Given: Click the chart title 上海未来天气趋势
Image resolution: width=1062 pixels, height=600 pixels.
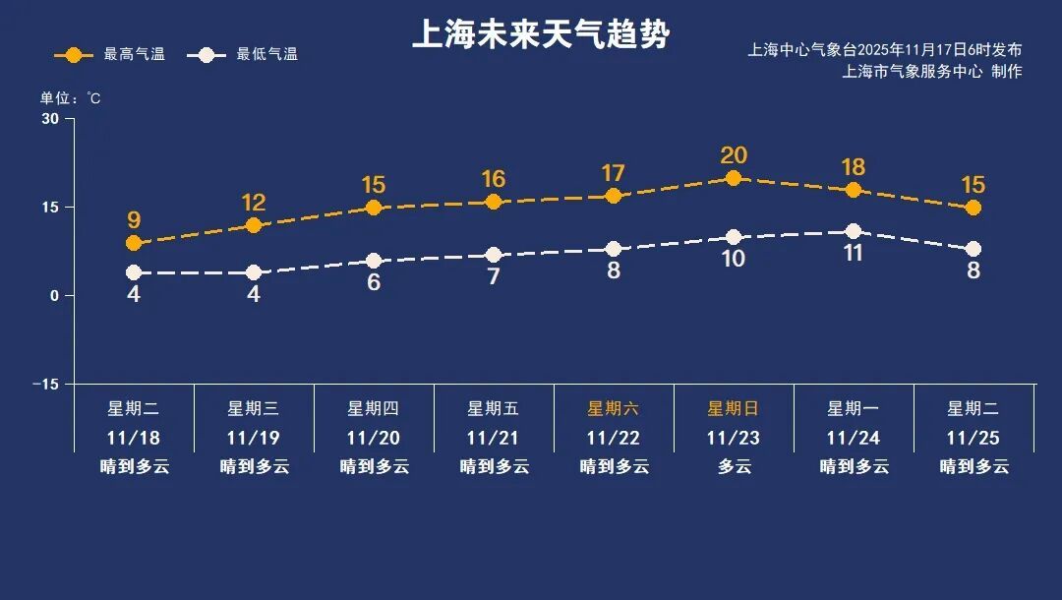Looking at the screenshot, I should [x=540, y=35].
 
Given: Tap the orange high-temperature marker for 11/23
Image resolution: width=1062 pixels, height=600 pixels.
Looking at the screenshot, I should [x=734, y=178].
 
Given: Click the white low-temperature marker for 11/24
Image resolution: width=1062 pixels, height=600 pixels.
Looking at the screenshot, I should [x=854, y=231].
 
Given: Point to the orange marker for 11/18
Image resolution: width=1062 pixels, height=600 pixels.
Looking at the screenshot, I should [x=134, y=243].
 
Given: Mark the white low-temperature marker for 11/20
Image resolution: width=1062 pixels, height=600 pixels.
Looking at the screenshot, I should [x=374, y=261].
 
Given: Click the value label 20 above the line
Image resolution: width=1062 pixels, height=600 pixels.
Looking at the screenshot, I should [x=734, y=155].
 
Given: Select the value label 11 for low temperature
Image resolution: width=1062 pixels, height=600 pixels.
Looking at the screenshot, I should [x=854, y=253].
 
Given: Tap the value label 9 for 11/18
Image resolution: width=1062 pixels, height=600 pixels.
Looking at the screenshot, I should [x=134, y=220].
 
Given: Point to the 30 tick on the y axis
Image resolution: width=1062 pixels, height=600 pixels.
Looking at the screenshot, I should [x=50, y=119].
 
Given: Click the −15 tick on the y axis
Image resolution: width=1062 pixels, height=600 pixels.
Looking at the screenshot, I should [x=45, y=384].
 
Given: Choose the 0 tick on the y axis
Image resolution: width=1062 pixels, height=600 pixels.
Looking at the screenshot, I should [x=55, y=295].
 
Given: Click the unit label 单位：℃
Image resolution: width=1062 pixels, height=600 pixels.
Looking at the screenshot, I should [x=70, y=98].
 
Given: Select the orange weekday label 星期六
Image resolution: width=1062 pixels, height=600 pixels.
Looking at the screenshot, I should [x=613, y=408].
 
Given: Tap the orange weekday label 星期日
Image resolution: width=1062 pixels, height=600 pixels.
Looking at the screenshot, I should [x=733, y=408].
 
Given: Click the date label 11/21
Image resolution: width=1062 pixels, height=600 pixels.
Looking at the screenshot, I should [x=493, y=438].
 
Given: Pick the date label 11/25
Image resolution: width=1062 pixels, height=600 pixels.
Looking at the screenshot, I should [x=973, y=438].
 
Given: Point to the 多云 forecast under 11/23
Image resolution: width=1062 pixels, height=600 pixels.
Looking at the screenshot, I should [x=733, y=466].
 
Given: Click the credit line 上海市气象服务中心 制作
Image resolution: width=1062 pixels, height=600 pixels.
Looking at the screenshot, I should [x=932, y=72].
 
